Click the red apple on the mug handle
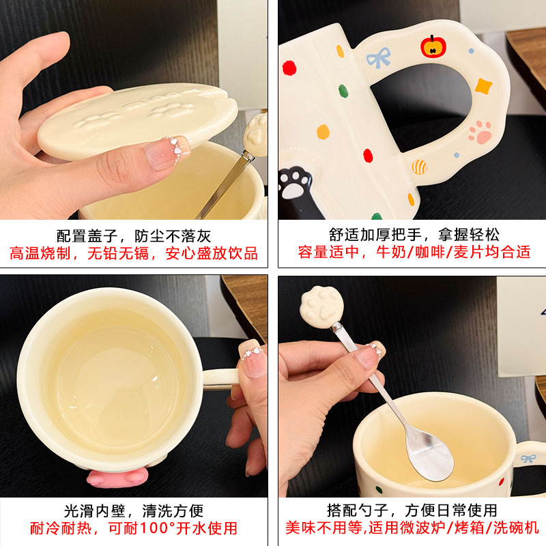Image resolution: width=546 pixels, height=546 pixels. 433,46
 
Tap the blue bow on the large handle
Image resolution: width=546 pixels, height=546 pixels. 378,58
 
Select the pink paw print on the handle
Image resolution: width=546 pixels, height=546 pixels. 480,132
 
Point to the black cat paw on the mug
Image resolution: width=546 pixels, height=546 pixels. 294,183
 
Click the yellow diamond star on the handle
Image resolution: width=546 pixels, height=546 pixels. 483,86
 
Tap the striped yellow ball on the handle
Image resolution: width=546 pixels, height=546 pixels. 419,167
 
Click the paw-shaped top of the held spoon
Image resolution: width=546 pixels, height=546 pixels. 321,307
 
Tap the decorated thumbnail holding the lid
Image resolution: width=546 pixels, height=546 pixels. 167,153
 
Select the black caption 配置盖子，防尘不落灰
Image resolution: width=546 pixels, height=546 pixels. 134,236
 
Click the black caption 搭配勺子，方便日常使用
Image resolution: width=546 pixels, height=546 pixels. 412,511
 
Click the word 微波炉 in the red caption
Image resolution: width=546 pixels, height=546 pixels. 422,528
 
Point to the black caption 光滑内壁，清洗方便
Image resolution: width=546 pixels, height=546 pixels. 134,511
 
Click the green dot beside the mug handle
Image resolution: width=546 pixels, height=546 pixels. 343,91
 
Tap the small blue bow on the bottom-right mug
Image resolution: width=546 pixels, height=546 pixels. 528,459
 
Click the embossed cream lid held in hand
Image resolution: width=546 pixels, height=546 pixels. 138,120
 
